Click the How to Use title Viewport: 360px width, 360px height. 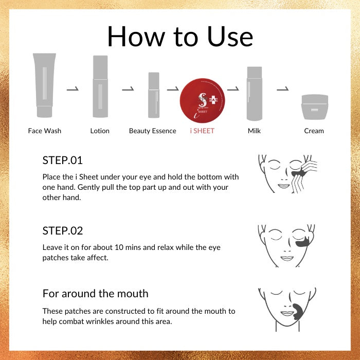click(x=180, y=37)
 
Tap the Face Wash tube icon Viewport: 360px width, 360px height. click(x=45, y=85)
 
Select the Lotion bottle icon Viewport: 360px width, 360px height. click(x=100, y=86)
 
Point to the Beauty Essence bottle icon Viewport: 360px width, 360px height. click(x=154, y=95)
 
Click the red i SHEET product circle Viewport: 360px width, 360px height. click(x=202, y=101)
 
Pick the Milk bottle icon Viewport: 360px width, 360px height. click(x=255, y=94)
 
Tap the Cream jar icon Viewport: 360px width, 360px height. click(x=315, y=107)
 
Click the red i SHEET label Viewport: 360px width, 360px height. click(x=202, y=131)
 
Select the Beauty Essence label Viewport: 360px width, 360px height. click(x=152, y=131)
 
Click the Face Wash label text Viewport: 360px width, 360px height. click(x=45, y=131)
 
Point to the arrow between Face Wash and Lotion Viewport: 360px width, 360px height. click(x=73, y=88)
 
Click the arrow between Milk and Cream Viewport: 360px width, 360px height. click(x=283, y=88)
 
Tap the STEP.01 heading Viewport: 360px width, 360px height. click(x=62, y=160)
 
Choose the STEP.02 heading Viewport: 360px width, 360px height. click(x=62, y=231)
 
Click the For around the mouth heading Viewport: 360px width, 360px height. click(x=95, y=294)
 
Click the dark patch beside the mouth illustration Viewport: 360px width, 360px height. click(x=298, y=312)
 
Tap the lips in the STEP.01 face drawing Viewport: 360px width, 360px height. click(x=284, y=186)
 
